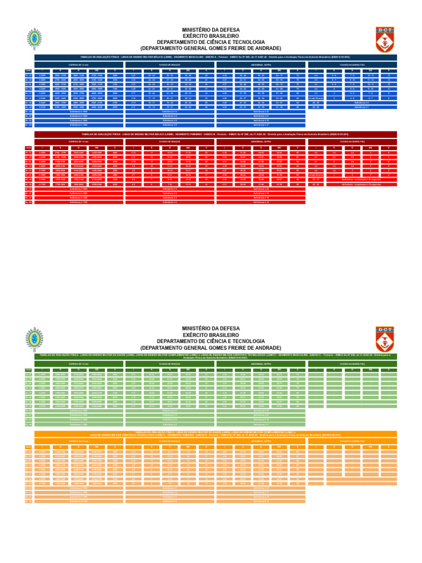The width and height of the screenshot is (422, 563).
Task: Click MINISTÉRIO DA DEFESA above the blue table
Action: click(x=210, y=29)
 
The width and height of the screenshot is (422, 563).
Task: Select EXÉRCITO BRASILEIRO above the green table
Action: click(x=210, y=334)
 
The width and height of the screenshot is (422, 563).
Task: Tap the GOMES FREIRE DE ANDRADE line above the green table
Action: click(x=210, y=347)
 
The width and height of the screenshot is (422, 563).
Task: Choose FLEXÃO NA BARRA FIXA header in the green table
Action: click(x=352, y=364)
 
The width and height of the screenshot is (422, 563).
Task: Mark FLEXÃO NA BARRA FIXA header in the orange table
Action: click(x=352, y=441)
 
